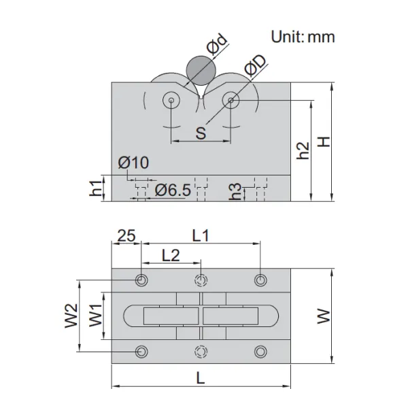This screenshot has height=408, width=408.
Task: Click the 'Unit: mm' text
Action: coord(303,37)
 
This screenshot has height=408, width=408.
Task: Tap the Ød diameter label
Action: coord(217,44)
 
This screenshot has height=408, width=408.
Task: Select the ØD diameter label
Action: coord(256,66)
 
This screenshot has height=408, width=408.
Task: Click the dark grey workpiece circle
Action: coord(201,70)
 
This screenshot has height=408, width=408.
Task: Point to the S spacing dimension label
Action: coord(201,133)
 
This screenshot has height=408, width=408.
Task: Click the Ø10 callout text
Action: coord(133,163)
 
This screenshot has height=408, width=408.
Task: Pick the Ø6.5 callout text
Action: coord(173,190)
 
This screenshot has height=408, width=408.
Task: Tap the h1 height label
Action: coord(95,188)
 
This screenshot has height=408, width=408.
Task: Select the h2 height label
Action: coord(303,151)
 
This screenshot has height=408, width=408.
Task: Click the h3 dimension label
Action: coord(235,192)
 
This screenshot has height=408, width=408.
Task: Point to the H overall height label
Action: coord(324,142)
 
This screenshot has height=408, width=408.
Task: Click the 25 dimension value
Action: coord(126,236)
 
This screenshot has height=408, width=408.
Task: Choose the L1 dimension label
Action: coord(201,236)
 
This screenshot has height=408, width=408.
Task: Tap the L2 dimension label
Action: coord(171,255)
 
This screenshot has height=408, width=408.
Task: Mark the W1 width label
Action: coord(96,316)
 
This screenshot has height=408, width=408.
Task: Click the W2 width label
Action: coord(71,316)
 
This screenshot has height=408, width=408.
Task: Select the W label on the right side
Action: coord(324,316)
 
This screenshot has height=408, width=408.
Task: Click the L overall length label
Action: coord(201,378)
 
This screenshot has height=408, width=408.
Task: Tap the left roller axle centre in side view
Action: coord(171,100)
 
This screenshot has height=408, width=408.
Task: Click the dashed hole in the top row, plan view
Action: coord(201,280)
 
